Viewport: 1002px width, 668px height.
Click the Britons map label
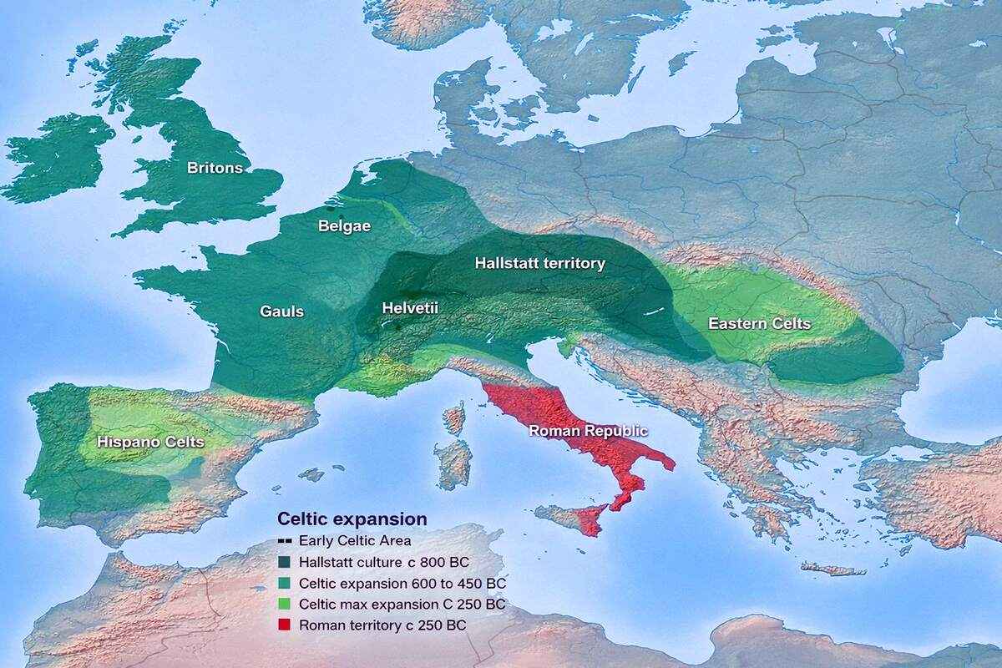point(215,168)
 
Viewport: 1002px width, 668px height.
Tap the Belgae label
point(344,225)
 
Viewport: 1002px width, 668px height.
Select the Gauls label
point(281,311)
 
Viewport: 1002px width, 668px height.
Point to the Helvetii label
point(410,308)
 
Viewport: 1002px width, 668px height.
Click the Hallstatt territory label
point(539,263)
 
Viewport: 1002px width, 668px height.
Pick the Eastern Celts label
point(759,324)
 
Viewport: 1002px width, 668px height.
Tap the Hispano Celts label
point(150,442)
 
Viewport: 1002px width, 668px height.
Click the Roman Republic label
point(588,431)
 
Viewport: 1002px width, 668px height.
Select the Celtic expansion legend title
point(352,519)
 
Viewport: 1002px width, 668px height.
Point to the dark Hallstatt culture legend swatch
point(286,561)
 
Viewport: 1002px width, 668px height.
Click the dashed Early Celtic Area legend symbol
point(286,540)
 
